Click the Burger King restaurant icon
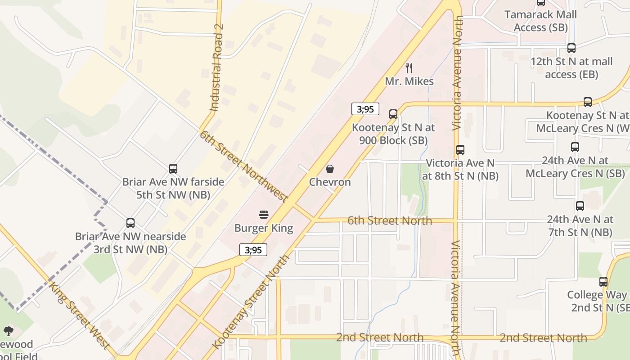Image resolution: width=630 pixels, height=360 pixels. pyautogui.click(x=264, y=215)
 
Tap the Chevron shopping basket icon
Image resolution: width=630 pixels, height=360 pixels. pyautogui.click(x=330, y=169)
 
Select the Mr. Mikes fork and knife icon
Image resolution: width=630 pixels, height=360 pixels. pyautogui.click(x=409, y=68)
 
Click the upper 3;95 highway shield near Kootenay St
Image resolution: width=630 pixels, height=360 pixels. pyautogui.click(x=365, y=109)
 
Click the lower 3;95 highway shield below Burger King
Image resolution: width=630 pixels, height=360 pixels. pyautogui.click(x=253, y=250)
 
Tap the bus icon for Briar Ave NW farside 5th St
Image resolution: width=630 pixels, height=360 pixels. pyautogui.click(x=173, y=169)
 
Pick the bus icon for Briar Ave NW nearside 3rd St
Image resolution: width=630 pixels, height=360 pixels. pyautogui.click(x=130, y=223)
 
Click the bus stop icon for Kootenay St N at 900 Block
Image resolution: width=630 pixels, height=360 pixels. pyautogui.click(x=393, y=114)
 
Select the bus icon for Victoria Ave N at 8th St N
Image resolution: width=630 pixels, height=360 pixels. pyautogui.click(x=460, y=150)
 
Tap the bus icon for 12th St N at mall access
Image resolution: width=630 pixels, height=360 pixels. pyautogui.click(x=571, y=48)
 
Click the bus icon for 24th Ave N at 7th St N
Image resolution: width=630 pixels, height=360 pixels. pyautogui.click(x=580, y=206)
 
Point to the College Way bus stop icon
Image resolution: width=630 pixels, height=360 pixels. pyautogui.click(x=603, y=282)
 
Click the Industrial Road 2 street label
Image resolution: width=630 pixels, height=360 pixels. pyautogui.click(x=216, y=67)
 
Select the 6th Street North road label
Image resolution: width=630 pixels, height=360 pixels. pyautogui.click(x=390, y=220)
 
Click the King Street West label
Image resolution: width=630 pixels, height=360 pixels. pyautogui.click(x=80, y=315)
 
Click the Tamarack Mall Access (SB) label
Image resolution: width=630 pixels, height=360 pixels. pyautogui.click(x=540, y=21)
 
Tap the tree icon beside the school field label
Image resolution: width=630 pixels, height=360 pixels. pyautogui.click(x=8, y=332)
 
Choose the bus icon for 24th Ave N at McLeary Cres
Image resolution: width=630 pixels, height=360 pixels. pyautogui.click(x=575, y=147)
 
